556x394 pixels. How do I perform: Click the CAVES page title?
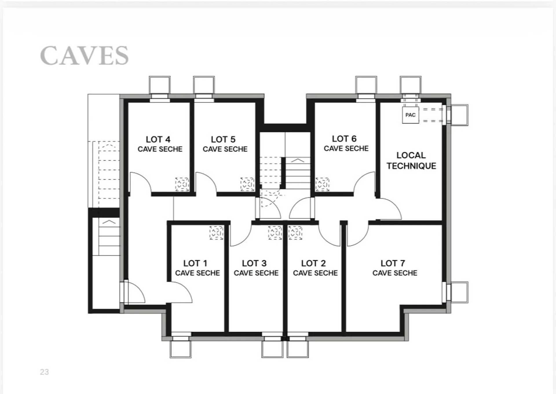84,55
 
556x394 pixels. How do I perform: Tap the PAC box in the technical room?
410,115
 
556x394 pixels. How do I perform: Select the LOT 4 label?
158,139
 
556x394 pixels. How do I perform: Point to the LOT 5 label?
223,139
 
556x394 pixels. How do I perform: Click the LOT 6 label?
344,139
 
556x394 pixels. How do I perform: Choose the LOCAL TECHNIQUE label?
411,160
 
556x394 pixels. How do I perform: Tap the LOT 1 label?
195,263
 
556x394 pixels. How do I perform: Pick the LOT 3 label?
254,263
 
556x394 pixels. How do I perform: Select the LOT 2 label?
314,263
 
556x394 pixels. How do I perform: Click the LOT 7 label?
393,263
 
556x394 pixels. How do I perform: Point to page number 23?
44,372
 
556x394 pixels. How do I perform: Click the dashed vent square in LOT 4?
182,184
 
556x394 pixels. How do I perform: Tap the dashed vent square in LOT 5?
247,184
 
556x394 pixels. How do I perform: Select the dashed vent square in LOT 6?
322,184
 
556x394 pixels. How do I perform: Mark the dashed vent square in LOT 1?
217,233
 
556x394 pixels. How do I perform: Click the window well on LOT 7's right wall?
459,292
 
